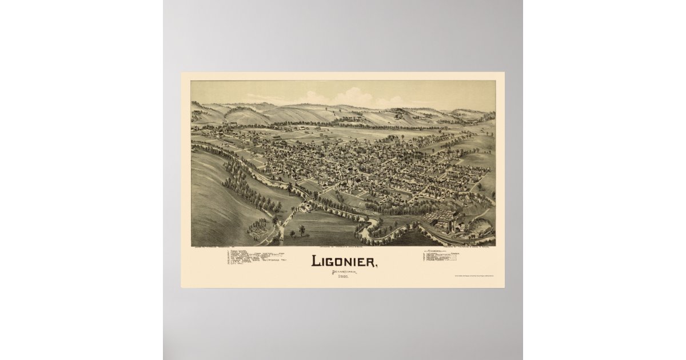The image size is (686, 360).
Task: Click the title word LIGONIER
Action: tap(344, 261)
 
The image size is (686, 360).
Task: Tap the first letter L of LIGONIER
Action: tap(315, 261)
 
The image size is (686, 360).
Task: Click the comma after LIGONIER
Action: tap(376, 266)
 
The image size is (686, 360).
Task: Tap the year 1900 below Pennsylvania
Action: tap(344, 278)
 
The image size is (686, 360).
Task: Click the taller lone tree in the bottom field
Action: tap(301, 230)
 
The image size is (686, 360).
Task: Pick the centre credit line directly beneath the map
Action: tap(344, 247)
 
